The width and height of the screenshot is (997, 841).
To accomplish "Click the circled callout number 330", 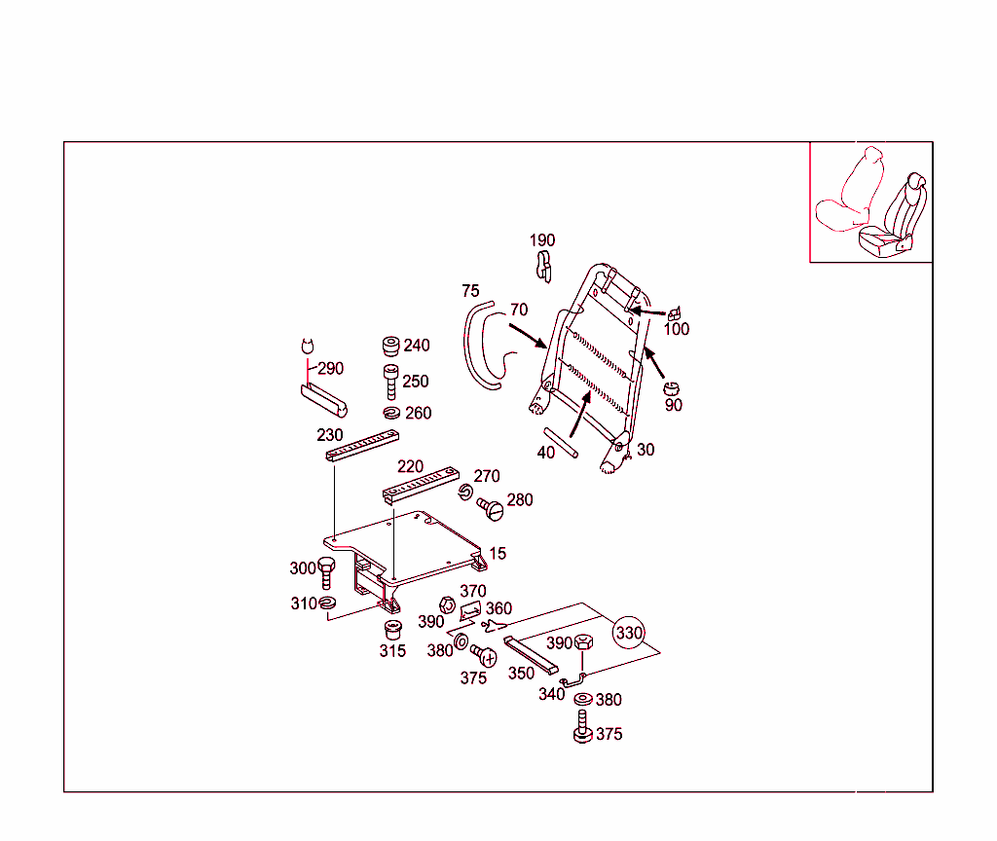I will pyautogui.click(x=629, y=633).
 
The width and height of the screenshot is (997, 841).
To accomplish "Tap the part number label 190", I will pyautogui.click(x=542, y=240).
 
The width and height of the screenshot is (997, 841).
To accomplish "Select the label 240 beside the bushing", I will pyautogui.click(x=416, y=346).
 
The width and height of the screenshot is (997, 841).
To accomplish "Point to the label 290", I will pyautogui.click(x=331, y=369).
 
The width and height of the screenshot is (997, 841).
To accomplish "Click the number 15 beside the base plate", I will pyautogui.click(x=498, y=554).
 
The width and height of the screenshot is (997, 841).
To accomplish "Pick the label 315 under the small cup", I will pyautogui.click(x=392, y=651).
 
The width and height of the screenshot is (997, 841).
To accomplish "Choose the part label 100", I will pyautogui.click(x=676, y=329).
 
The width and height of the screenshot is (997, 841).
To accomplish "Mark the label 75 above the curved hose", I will pyautogui.click(x=470, y=291).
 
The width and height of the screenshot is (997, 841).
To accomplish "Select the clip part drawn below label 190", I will pyautogui.click(x=544, y=265).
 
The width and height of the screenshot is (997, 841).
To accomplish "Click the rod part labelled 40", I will pyautogui.click(x=561, y=443).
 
